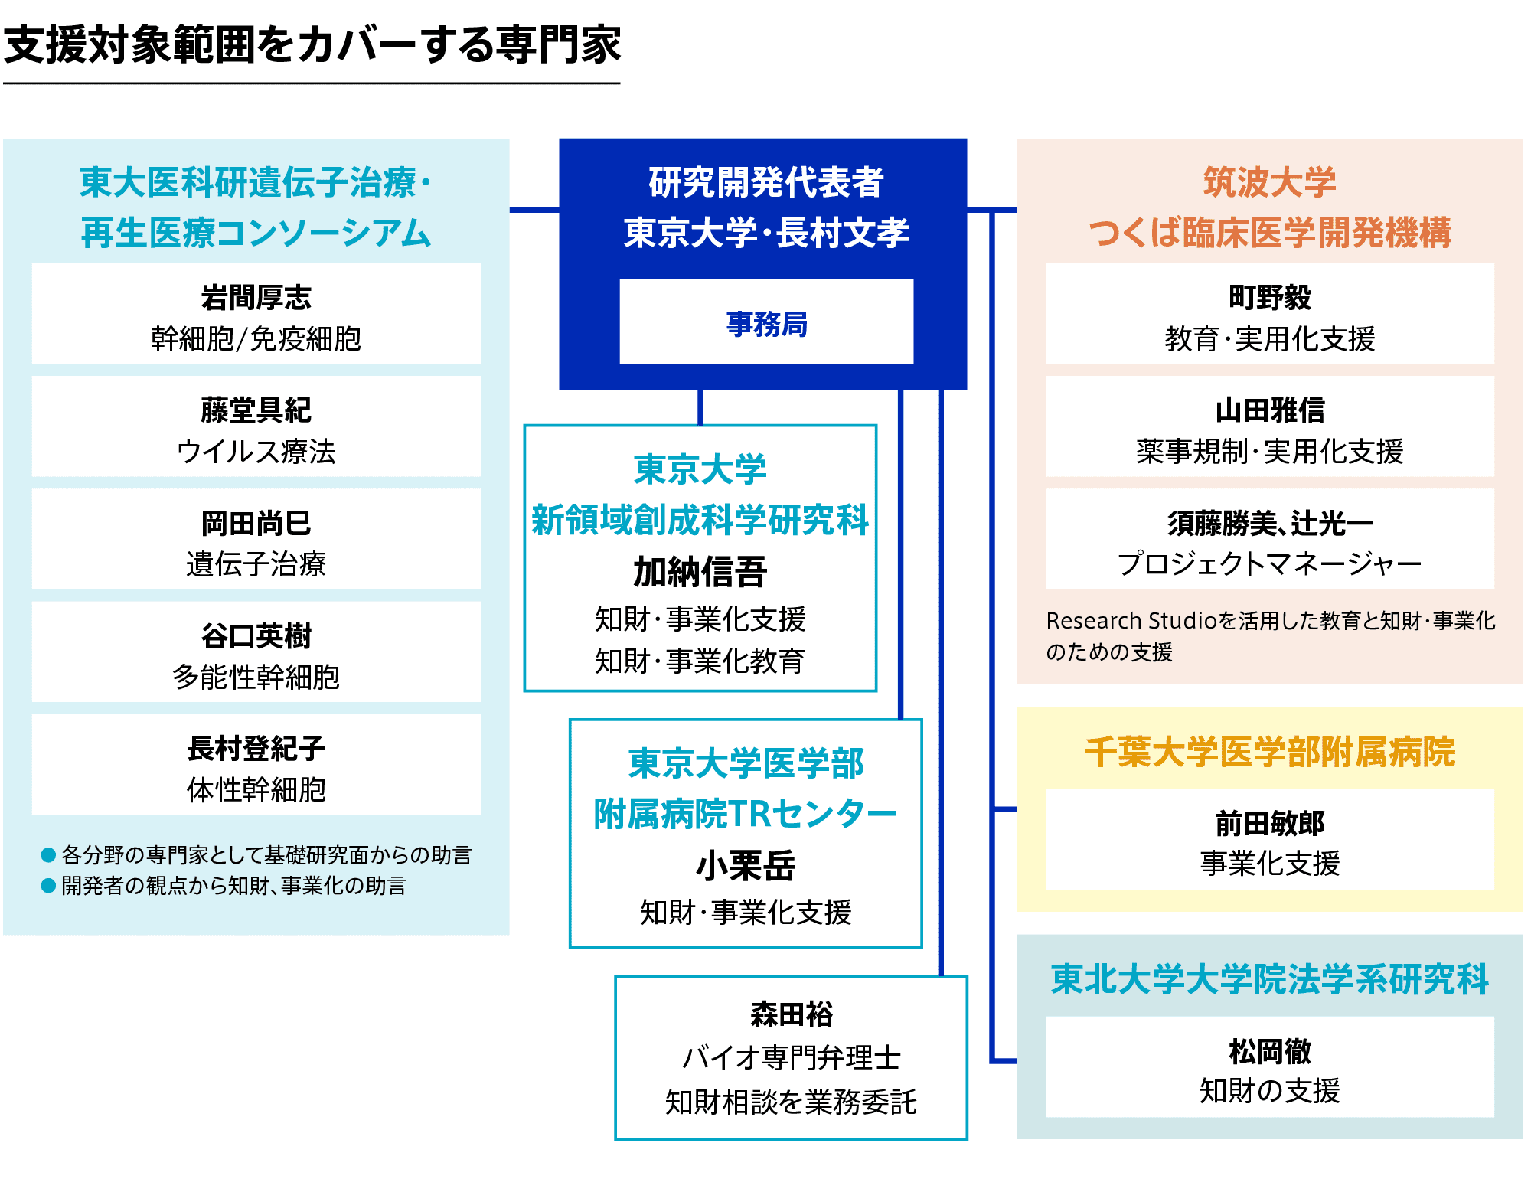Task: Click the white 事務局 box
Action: (766, 322)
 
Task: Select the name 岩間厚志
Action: (256, 298)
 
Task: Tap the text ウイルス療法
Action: (256, 452)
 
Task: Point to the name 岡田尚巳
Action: (256, 524)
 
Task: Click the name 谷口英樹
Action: (256, 636)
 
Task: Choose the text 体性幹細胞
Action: (256, 790)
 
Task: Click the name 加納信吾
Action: (700, 572)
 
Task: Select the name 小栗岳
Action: (746, 866)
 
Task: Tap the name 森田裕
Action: (792, 1014)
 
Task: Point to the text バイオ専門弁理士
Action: (792, 1058)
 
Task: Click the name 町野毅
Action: (1270, 298)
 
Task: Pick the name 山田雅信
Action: (1270, 410)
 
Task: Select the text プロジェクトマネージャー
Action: (1270, 564)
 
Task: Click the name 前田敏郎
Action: (1270, 824)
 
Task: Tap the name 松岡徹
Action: (1270, 1052)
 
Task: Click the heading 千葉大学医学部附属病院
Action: (1270, 752)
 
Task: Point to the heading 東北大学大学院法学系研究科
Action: (1270, 979)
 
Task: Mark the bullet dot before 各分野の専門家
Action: (48, 854)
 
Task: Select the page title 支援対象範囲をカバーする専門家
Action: (312, 44)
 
